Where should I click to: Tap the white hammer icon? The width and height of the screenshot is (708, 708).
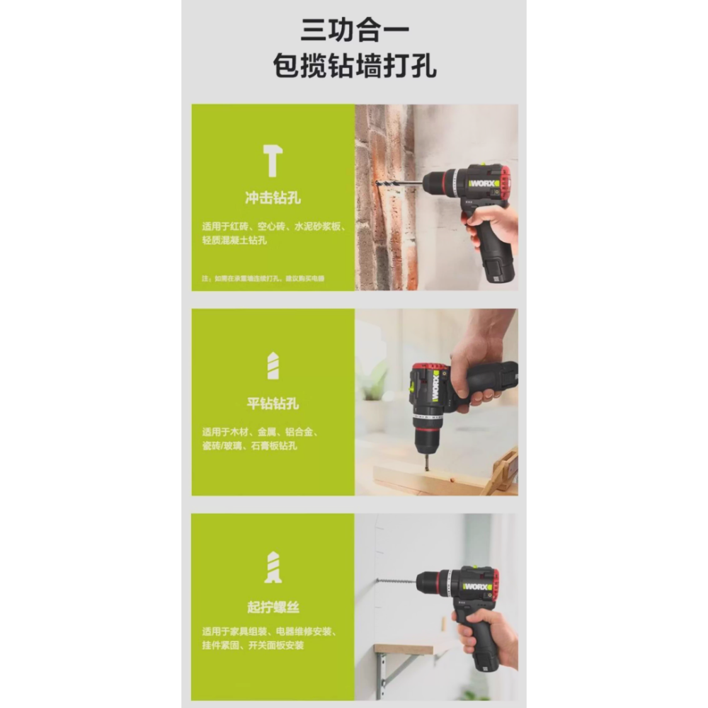pyautogui.click(x=273, y=161)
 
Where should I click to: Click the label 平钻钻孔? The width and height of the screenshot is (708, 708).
pyautogui.click(x=273, y=404)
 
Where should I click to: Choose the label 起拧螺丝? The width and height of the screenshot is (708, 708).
pyautogui.click(x=273, y=607)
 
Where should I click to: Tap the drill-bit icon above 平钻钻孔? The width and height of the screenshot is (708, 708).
pyautogui.click(x=273, y=366)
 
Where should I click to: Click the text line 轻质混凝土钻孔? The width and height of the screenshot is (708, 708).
pyautogui.click(x=234, y=241)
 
